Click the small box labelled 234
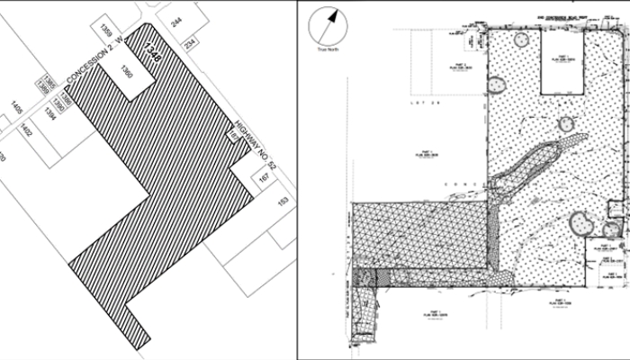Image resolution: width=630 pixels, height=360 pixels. tap(191, 44)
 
